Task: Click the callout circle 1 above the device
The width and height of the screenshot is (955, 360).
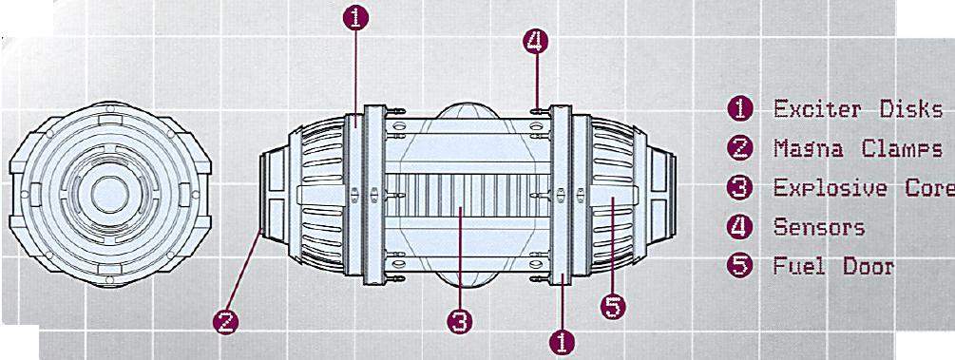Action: tap(355, 18)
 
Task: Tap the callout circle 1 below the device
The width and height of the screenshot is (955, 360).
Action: tap(562, 342)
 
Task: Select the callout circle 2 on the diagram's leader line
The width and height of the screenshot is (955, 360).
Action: tap(225, 322)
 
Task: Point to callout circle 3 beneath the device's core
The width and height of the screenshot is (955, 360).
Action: tap(460, 322)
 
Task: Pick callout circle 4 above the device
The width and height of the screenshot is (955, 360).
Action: tap(535, 42)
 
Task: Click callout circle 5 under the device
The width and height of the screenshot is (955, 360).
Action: tap(613, 307)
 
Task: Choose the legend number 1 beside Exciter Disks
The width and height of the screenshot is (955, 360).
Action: tap(740, 109)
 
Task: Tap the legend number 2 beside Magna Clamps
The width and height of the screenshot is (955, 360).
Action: tap(740, 148)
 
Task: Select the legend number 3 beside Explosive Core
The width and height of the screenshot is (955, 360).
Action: tap(740, 188)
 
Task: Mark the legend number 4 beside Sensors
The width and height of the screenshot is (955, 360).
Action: tap(740, 227)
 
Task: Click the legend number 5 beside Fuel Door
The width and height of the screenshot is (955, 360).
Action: tap(740, 266)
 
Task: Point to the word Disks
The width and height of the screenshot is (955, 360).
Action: tap(911, 109)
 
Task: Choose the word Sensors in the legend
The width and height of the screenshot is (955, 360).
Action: tap(819, 227)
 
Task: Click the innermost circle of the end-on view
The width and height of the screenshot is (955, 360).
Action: tap(110, 195)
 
